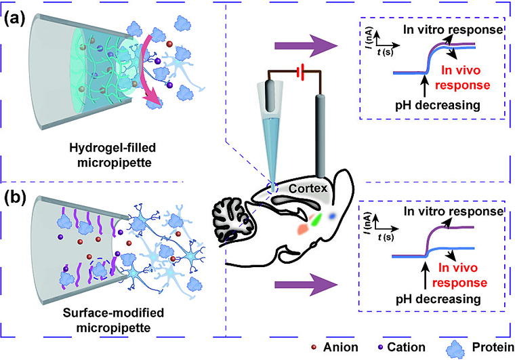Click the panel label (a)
[14, 19]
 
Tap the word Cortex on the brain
[308, 188]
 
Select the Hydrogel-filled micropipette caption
[112, 155]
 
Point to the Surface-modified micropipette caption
[113, 320]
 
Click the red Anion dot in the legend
[314, 347]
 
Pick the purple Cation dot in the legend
[380, 347]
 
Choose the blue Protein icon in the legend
[455, 349]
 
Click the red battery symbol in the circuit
[300, 72]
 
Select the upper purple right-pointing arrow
[306, 46]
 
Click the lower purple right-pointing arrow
[306, 285]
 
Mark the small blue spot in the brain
[333, 216]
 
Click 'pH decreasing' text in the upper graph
[438, 105]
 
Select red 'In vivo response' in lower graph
[459, 275]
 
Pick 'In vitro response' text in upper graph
[453, 30]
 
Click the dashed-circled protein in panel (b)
[99, 269]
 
